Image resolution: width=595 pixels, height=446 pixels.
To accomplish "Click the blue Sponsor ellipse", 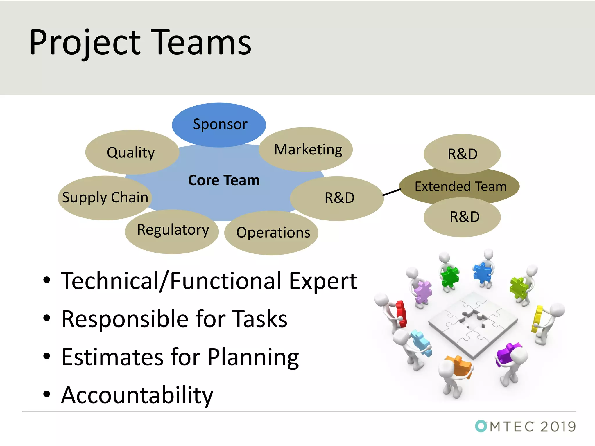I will click(x=219, y=125).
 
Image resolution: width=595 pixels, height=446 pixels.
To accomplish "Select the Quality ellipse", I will click(x=132, y=152).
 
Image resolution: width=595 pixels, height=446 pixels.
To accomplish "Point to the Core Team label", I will click(x=224, y=180).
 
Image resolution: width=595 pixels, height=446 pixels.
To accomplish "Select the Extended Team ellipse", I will click(x=460, y=186).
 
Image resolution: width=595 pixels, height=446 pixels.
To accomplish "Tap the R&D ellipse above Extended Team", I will click(x=462, y=153).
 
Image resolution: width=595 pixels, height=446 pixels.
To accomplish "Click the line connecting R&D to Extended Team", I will click(x=392, y=192).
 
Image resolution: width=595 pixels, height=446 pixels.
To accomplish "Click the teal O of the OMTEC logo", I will click(x=481, y=426).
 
